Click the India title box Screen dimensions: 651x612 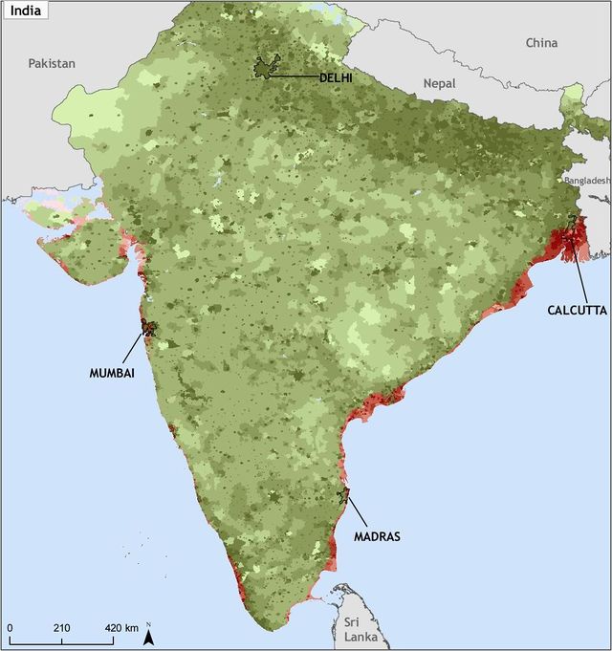tap(27, 14)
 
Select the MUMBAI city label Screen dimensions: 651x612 tap(112, 374)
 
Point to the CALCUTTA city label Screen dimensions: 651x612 tap(577, 310)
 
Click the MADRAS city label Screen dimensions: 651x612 tap(376, 536)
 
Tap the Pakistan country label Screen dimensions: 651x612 tap(51, 63)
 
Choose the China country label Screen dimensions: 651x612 tap(541, 43)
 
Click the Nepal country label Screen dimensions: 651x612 tap(440, 84)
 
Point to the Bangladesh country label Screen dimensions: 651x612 tap(586, 181)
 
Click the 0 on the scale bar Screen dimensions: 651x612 tap(11, 627)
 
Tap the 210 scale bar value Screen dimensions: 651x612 tap(62, 627)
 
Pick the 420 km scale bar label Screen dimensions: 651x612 tap(120, 627)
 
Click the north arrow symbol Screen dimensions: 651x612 tap(148, 634)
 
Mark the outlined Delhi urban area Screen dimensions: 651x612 tap(266, 68)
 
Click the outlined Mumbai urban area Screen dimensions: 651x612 tap(148, 328)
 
